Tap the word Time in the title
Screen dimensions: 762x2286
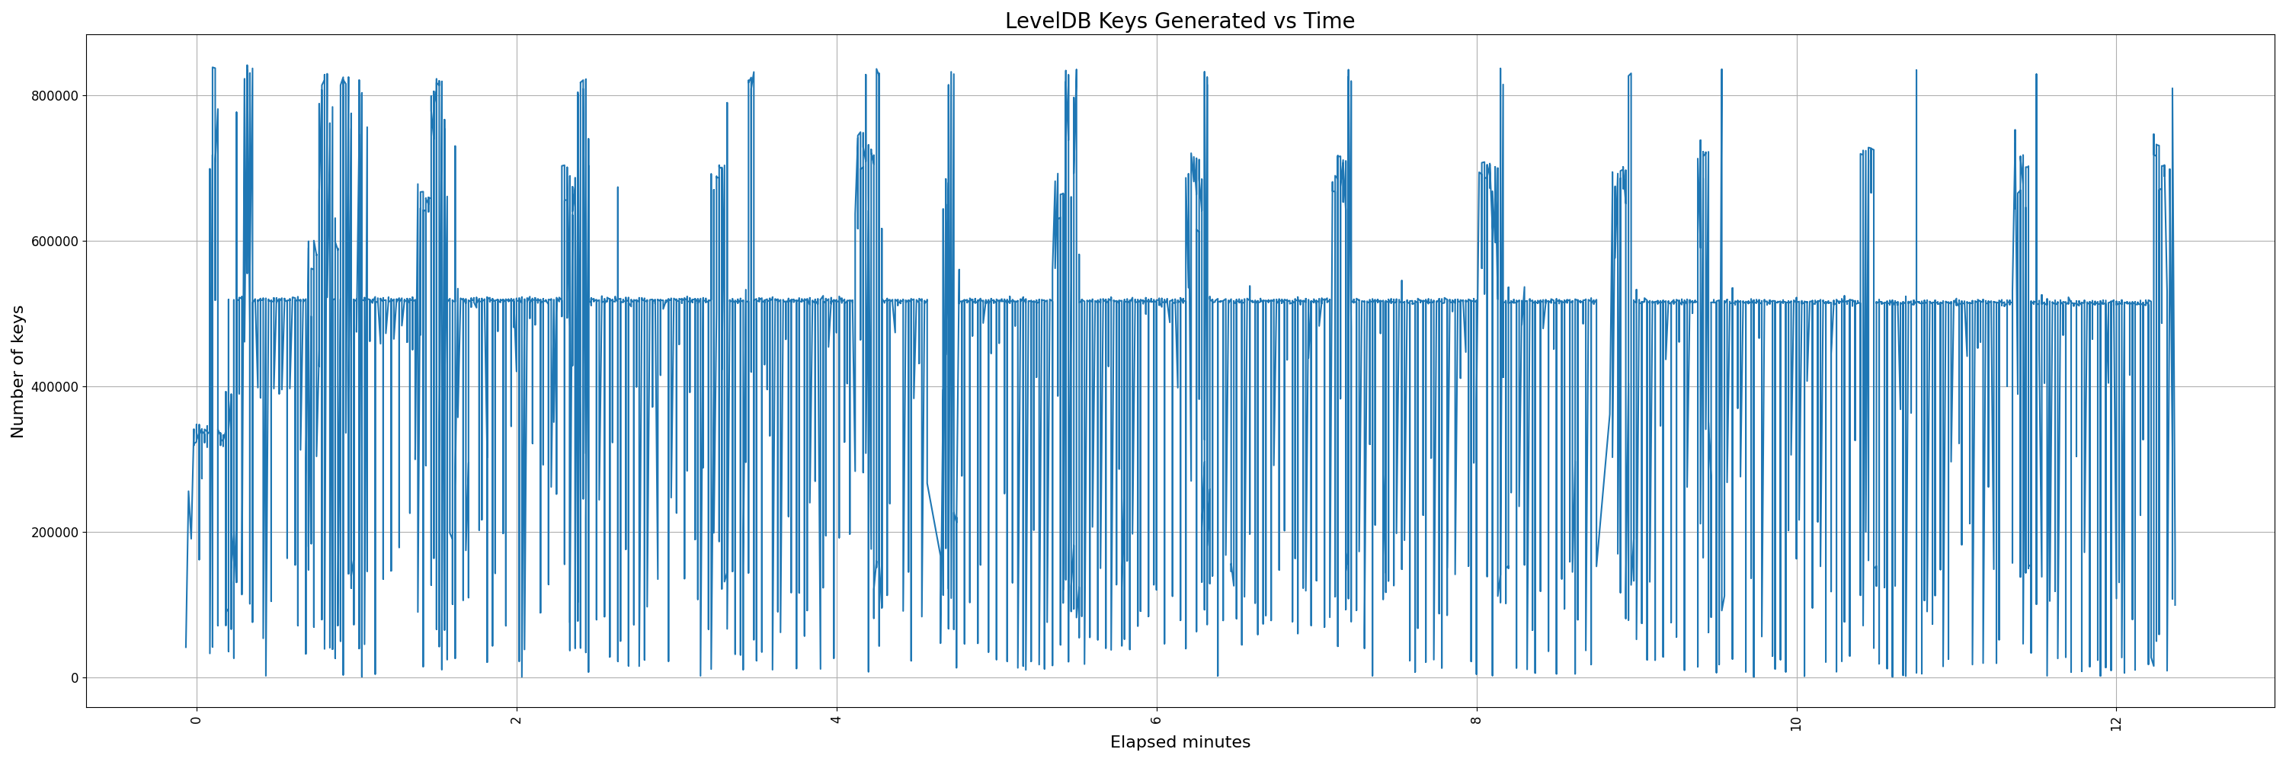[x=1327, y=21]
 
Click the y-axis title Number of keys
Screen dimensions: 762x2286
[x=18, y=372]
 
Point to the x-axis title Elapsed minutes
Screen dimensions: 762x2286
[x=1180, y=742]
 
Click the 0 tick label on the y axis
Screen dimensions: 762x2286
[x=75, y=677]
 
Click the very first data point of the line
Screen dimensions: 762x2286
[x=185, y=647]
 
